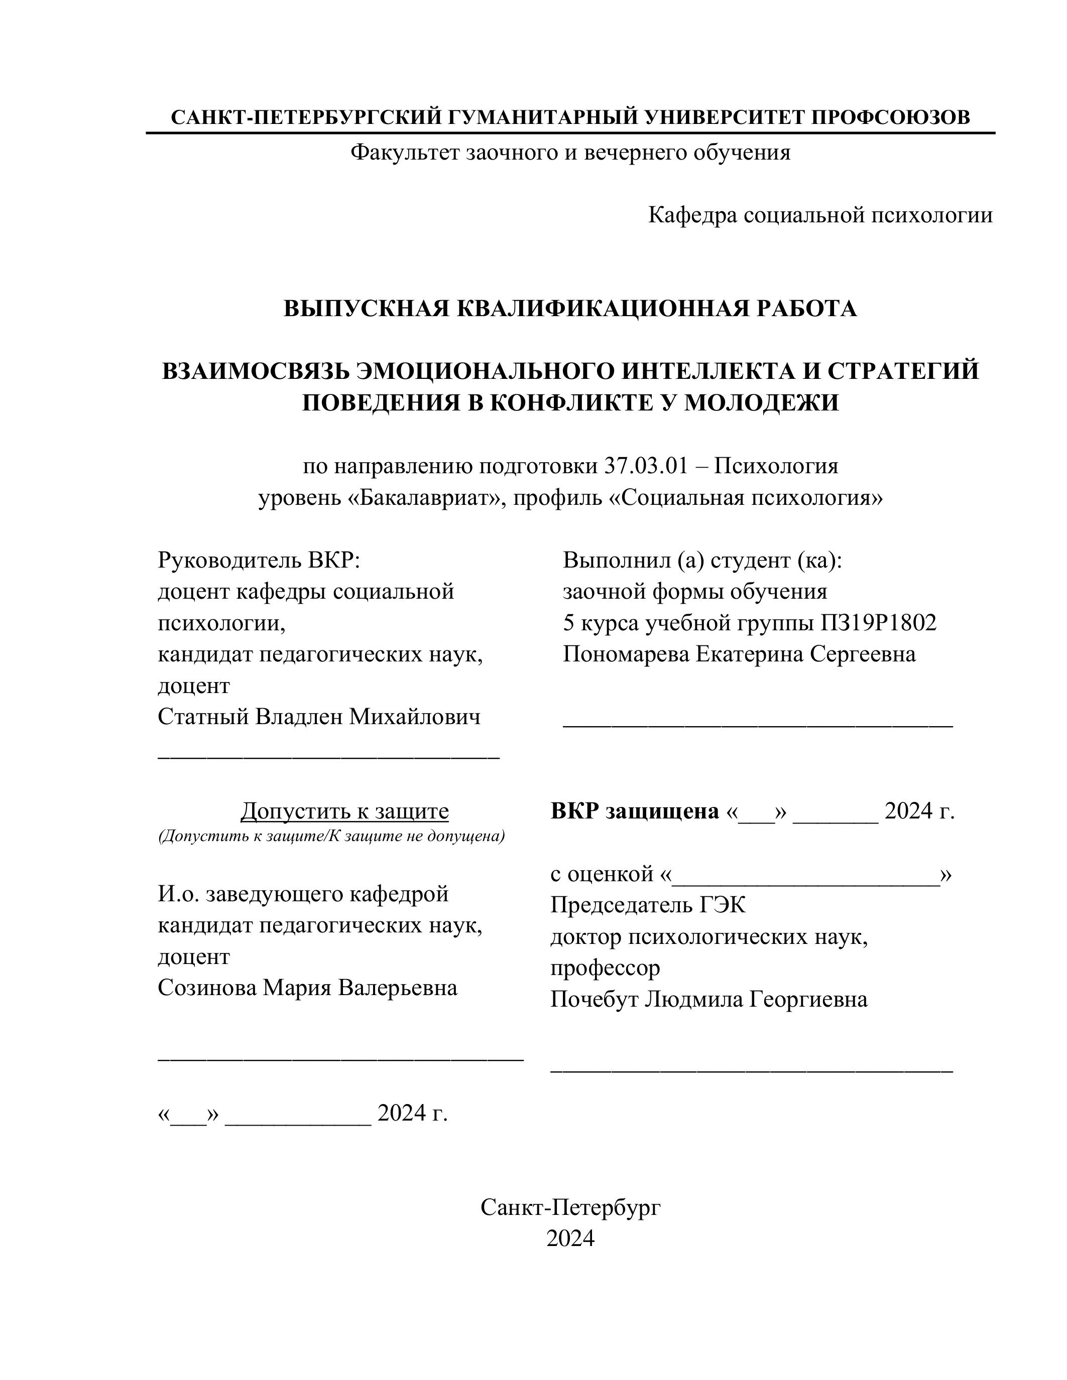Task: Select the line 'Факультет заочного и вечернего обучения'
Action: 570,152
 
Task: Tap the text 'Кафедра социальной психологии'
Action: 820,215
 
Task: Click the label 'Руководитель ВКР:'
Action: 259,560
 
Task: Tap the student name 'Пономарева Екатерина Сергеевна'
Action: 739,654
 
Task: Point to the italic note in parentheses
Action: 331,837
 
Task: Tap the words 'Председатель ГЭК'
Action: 648,905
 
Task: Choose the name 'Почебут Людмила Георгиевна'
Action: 708,1000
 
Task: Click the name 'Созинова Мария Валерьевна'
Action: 307,988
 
